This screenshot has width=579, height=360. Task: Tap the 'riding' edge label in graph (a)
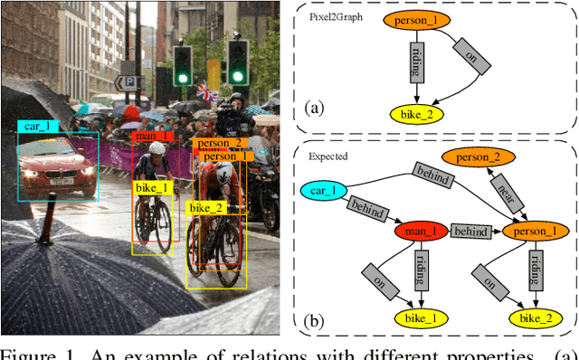click(416, 66)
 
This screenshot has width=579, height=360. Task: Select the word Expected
click(328, 156)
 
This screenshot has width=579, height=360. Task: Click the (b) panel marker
click(315, 318)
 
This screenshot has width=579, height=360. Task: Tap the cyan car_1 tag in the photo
click(38, 126)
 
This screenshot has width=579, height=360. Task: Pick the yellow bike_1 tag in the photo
click(152, 187)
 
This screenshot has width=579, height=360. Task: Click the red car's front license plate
click(62, 181)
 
